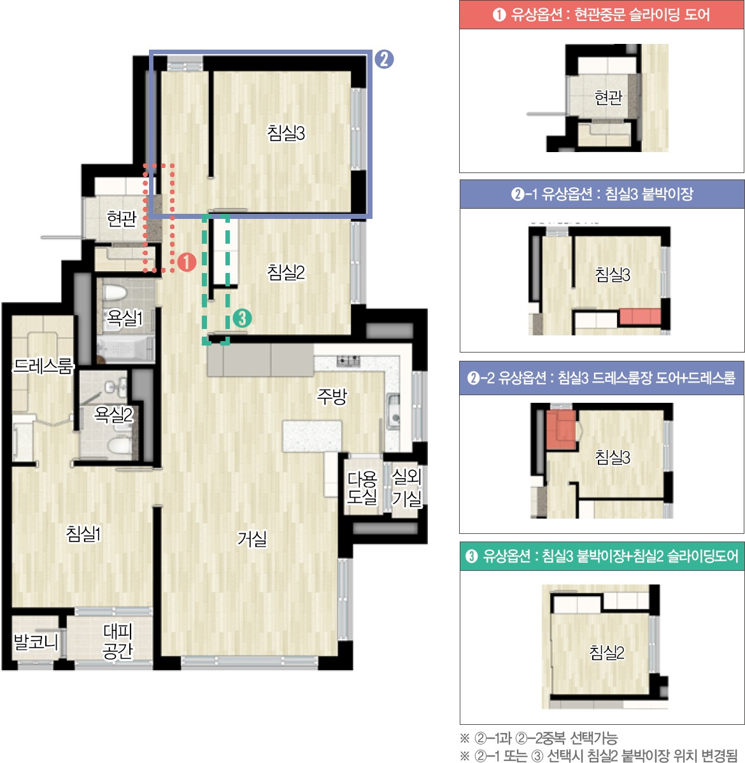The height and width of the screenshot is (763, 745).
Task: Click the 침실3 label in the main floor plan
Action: click(286, 132)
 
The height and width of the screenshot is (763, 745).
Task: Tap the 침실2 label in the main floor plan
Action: click(286, 272)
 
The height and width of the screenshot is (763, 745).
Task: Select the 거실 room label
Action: click(252, 538)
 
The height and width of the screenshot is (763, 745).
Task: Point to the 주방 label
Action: click(332, 396)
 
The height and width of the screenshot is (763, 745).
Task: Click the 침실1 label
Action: click(83, 533)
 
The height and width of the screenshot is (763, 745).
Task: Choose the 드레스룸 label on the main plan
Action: click(43, 366)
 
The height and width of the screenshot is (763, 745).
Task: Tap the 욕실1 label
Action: click(125, 318)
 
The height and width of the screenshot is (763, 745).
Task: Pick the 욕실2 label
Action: click(113, 414)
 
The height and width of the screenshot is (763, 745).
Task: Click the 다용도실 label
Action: click(362, 487)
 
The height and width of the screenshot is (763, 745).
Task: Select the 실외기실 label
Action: click(407, 487)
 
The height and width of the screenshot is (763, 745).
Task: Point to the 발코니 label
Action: click(36, 642)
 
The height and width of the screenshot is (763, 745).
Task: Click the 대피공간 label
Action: click(118, 641)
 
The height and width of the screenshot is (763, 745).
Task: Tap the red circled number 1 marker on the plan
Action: click(187, 262)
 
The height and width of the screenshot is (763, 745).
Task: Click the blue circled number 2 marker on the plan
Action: click(384, 59)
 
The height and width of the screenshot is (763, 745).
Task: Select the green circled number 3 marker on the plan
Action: click(242, 318)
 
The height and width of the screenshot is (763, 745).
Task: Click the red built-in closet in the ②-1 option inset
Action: click(640, 317)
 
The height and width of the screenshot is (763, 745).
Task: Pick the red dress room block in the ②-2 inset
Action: click(561, 430)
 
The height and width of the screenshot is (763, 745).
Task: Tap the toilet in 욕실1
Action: click(115, 293)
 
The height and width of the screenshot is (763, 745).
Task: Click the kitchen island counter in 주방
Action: click(312, 436)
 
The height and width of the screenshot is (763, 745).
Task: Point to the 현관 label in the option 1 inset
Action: click(608, 98)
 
